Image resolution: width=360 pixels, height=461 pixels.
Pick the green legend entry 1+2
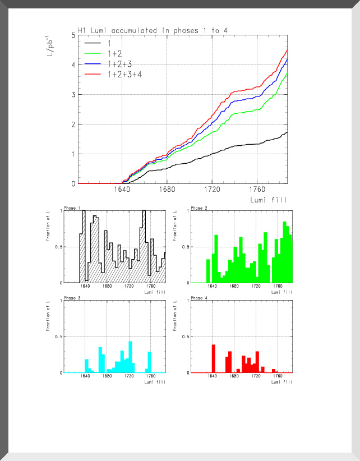(116, 53)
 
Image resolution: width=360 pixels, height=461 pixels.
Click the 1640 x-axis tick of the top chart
(122, 190)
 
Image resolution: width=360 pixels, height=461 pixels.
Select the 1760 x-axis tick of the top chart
(257, 190)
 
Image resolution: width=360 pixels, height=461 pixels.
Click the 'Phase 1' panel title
(72, 208)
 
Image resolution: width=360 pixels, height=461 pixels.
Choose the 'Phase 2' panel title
(199, 208)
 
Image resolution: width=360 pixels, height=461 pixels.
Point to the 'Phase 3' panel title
(72, 298)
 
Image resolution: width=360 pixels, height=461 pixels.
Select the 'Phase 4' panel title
(199, 298)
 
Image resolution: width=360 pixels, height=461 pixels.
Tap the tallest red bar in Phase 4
(214, 358)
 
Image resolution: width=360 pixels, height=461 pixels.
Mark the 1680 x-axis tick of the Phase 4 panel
(234, 377)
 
